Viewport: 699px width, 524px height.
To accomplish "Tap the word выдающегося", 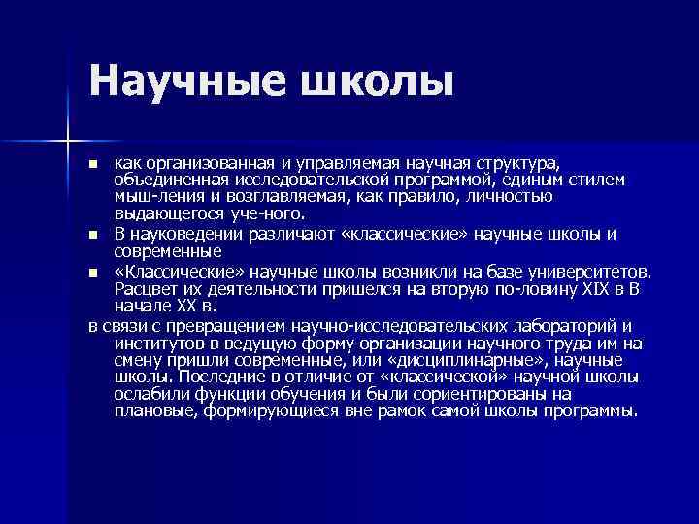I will click(166, 213).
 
